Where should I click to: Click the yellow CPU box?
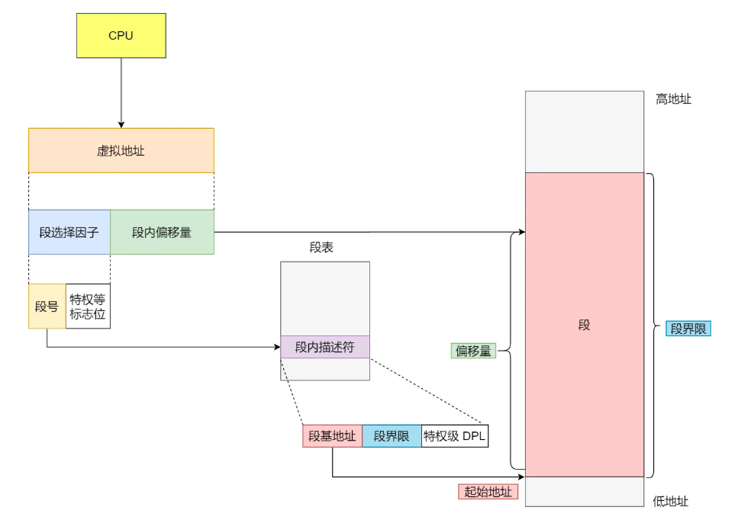(121, 35)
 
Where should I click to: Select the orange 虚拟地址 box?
(121, 150)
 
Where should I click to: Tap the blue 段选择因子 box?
(69, 232)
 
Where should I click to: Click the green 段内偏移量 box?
(162, 232)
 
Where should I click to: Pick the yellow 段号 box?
(47, 307)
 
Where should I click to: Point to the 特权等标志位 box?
(88, 307)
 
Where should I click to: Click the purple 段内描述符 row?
(324, 347)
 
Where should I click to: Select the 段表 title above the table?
(321, 247)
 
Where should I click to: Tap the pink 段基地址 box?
(332, 436)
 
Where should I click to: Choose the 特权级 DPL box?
(455, 436)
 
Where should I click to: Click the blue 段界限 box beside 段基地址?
(392, 436)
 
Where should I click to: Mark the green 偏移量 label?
(473, 351)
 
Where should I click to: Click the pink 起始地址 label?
(488, 492)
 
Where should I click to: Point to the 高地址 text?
(673, 98)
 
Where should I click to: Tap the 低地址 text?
(671, 501)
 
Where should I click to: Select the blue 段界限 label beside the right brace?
(688, 329)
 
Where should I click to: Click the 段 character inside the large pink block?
(584, 325)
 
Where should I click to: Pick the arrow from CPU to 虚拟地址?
(121, 92)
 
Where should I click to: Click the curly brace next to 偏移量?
(510, 351)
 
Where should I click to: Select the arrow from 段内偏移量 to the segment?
(366, 232)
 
